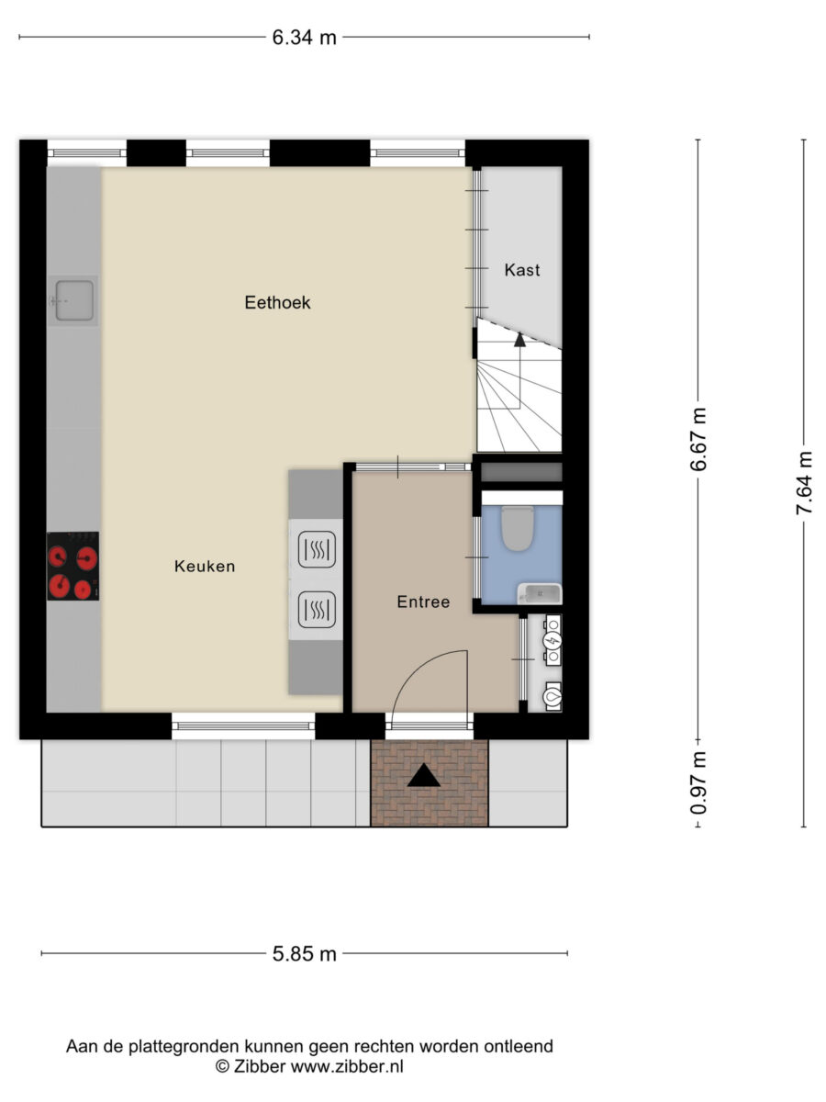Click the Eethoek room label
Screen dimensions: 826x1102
277,302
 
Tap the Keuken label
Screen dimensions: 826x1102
205,567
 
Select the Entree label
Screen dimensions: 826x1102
423,602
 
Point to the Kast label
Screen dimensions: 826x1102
522,270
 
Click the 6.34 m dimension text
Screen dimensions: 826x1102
304,38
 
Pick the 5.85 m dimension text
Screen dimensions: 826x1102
304,954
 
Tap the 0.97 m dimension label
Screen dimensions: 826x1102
698,783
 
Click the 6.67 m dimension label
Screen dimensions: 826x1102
698,439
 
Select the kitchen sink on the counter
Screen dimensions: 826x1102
73,300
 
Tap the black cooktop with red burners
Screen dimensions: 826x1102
73,566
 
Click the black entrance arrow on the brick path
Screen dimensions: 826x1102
424,776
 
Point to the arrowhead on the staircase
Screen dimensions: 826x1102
520,340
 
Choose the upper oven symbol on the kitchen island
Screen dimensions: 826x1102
317,549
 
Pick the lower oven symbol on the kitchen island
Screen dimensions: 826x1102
317,610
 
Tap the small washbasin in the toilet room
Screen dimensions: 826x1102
540,594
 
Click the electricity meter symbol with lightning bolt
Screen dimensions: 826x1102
553,640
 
